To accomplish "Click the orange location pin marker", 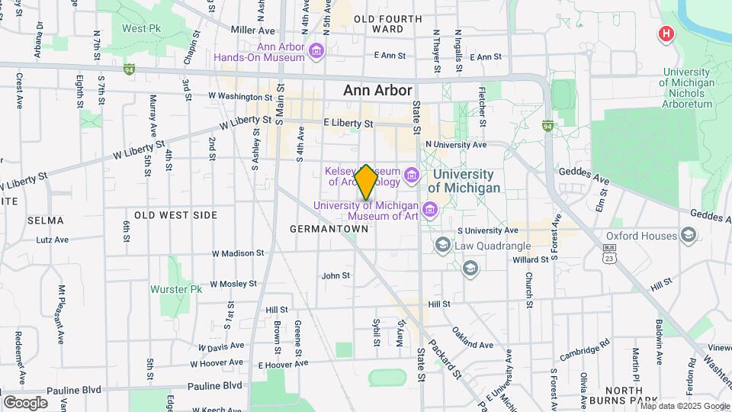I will pyautogui.click(x=366, y=182).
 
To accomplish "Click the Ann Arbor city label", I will pyautogui.click(x=377, y=90).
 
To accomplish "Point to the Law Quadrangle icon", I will pyautogui.click(x=442, y=244).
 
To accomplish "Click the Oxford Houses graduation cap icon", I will pyautogui.click(x=689, y=234).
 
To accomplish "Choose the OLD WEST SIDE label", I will pyautogui.click(x=176, y=215).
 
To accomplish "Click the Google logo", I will pyautogui.click(x=25, y=402).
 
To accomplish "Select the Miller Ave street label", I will pyautogui.click(x=252, y=31).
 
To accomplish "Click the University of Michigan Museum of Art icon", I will pyautogui.click(x=429, y=209).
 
